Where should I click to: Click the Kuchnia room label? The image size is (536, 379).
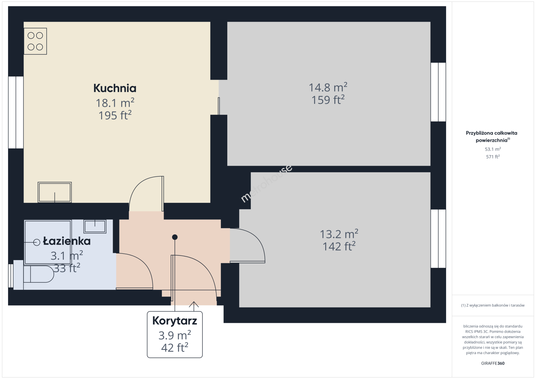115,88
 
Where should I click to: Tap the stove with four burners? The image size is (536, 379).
35,41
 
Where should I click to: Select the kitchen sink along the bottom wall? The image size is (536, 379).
54,192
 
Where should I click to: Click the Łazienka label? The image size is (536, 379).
67,241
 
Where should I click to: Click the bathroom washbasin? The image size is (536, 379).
95,226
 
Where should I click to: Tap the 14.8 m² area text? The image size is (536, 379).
328,87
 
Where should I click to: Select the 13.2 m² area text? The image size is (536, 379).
339,234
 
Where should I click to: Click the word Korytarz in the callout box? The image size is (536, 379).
175,321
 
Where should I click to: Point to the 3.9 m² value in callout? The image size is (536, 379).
175,335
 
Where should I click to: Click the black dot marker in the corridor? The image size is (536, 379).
175,237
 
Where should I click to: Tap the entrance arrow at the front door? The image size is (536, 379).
194,306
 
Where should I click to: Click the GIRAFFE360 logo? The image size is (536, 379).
493,363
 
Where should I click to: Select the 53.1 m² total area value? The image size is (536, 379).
493,149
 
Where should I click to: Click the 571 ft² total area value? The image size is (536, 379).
493,157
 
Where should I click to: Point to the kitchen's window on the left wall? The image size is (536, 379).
16,112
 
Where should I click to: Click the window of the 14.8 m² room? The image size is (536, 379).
438,92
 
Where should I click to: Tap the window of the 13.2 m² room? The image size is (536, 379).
438,239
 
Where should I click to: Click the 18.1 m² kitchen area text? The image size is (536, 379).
115,103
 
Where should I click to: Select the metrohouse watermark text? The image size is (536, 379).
266,184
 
